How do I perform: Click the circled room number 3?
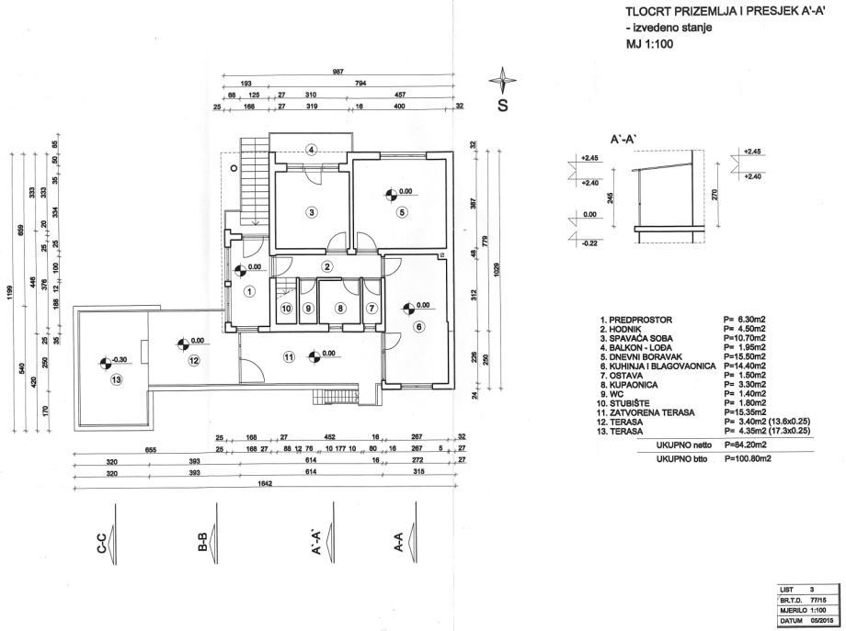point(312,213)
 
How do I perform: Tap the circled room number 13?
point(116,379)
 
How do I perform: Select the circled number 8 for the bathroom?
point(340,309)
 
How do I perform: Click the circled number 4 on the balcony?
point(312,151)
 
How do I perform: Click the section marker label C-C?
point(100,545)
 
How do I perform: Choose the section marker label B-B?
point(201,545)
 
